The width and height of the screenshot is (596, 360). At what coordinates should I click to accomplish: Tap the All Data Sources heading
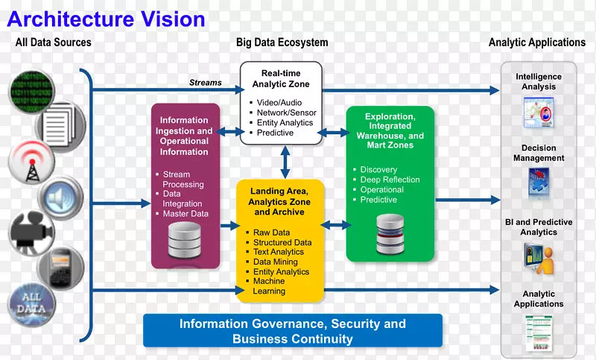coord(54,42)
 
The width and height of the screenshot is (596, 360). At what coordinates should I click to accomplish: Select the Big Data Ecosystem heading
coord(282,42)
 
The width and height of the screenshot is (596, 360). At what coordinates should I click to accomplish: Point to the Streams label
coord(206,83)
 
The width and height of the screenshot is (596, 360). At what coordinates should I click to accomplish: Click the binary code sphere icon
coord(29,89)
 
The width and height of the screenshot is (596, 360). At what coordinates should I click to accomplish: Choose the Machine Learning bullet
coord(270,286)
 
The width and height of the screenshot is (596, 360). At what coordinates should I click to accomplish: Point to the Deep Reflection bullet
coord(390,180)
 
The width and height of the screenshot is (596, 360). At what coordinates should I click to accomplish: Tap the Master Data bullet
coord(186,214)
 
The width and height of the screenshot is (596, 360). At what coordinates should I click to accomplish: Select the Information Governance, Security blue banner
coord(293,331)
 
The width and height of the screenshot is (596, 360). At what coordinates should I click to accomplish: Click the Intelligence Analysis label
coord(539,82)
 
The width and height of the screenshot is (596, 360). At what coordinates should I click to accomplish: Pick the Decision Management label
coord(539,153)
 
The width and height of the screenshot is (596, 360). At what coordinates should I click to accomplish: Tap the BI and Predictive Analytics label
coord(539,227)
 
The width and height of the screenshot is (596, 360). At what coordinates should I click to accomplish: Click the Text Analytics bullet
coord(279,252)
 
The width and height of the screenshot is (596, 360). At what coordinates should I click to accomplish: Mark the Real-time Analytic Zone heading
coord(281,78)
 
